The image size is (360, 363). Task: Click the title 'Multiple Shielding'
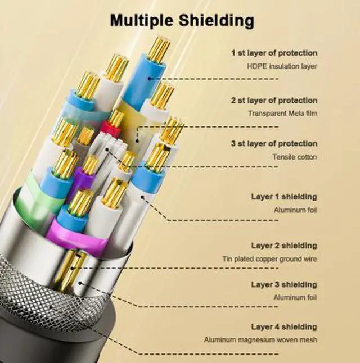pos(182,21)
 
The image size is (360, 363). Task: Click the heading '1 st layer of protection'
pos(274,53)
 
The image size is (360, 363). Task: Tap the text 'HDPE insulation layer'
pos(282,66)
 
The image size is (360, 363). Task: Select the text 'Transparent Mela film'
pos(282,114)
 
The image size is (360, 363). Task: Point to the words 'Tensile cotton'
pos(295,157)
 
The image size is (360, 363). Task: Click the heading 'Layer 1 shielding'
pos(284,197)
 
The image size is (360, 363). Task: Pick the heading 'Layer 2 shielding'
pos(284,246)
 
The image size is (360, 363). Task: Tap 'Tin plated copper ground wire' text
pos(269,258)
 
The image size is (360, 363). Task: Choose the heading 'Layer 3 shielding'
pos(284,284)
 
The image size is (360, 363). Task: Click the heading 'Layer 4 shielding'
pos(284,327)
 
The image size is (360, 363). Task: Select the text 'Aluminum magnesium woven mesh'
pos(260,340)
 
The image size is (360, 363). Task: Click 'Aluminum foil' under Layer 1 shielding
pos(295,210)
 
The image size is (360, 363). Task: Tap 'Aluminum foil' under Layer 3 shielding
pos(295,297)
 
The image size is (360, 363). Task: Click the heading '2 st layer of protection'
pos(274,101)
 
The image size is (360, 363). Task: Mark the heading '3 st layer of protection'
pos(274,143)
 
